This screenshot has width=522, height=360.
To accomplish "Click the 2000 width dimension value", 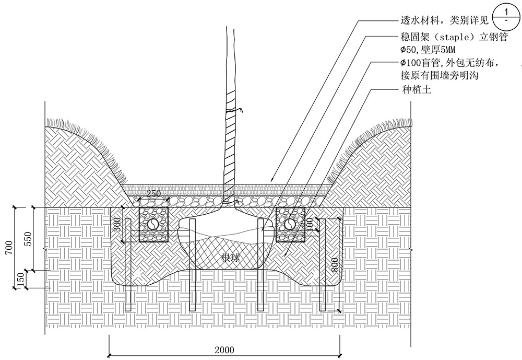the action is coord(224,350).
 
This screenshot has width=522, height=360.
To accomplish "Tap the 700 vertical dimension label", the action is coord(9,247).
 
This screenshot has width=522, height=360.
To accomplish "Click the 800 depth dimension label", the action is coord(335,265).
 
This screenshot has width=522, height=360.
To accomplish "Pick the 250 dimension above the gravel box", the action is coord(153,193).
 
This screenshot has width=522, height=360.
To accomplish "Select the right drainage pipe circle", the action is coord(290,224).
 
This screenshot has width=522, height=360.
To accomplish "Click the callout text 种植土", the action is coord(417,90).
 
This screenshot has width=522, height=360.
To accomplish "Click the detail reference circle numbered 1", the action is coord(506,17).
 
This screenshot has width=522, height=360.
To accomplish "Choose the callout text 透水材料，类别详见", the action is coord(445,21).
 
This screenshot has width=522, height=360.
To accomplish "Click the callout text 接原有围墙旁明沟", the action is coord(440,75).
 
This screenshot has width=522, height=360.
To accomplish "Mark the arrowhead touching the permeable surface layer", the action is coord(271,179).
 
